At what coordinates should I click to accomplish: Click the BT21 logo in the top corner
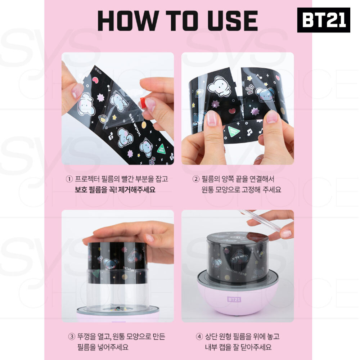(x=323, y=20)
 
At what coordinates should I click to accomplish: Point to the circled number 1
(x=69, y=179)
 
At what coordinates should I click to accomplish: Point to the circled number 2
(x=196, y=179)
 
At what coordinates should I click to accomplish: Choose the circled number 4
(x=199, y=337)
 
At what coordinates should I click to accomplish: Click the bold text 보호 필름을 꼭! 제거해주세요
(x=113, y=189)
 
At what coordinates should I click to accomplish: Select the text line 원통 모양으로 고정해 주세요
(x=241, y=189)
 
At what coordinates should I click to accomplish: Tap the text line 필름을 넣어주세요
(x=103, y=348)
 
